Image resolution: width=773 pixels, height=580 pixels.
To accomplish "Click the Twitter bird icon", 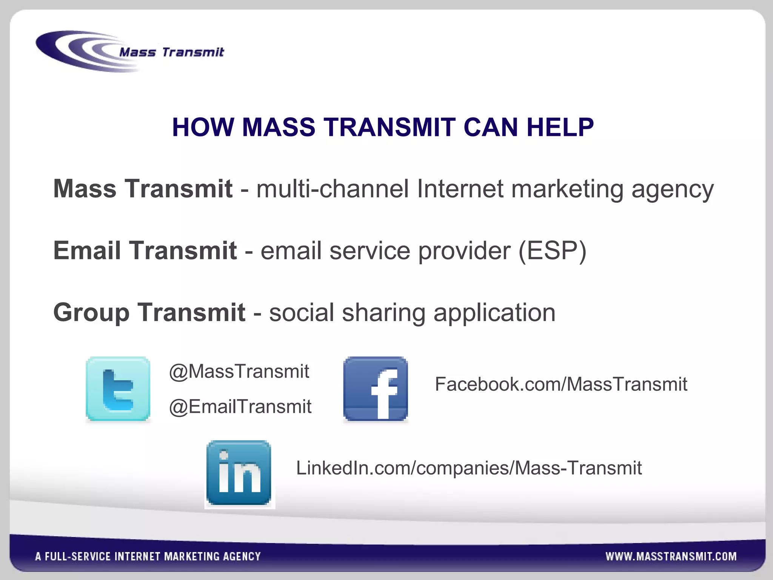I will coord(118,389).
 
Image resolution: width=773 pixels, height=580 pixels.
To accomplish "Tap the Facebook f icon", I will coord(376,389).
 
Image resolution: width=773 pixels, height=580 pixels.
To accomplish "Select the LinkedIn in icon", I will coord(239,473).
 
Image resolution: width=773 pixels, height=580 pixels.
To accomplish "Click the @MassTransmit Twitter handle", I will coord(239,371).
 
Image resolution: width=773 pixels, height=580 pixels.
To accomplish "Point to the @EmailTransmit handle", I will coord(240,407).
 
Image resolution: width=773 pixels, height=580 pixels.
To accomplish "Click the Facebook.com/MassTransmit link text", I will coord(561,384).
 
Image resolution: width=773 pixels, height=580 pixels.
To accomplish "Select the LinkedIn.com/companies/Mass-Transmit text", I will coord(469,468).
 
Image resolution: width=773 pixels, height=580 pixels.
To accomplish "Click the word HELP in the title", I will coord(560,127).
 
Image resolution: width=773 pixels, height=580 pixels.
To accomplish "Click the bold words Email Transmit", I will coord(145,250).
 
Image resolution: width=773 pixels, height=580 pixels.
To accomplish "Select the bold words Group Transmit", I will coord(149,312).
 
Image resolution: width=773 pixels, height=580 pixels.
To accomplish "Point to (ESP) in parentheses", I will coord(553,250).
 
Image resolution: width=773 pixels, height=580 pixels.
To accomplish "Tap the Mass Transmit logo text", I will coord(172,52).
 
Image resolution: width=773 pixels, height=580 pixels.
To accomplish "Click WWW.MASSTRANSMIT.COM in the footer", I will coord(671,556).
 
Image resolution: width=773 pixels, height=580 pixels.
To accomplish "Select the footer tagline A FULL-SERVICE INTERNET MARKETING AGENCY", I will coord(148,556).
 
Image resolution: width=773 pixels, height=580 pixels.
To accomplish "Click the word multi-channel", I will coord(333,188).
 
